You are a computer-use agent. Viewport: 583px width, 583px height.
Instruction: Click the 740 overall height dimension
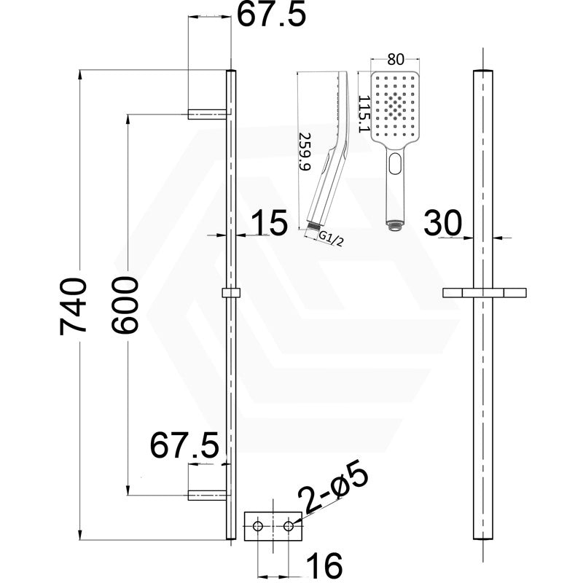point(74,305)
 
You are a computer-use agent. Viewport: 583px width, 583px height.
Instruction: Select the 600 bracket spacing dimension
point(125,305)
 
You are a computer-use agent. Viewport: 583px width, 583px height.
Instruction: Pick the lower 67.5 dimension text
point(185,445)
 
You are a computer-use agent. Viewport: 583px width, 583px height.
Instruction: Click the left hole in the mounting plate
point(257,525)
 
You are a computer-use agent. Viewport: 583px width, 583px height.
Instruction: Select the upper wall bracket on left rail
point(208,114)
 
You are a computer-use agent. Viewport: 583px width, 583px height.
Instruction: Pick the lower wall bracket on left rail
point(208,496)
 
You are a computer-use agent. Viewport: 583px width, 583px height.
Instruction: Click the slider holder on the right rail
point(485,293)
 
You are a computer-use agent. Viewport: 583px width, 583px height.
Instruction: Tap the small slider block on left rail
point(230,293)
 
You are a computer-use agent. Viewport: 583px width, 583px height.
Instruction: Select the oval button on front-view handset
point(394,163)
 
